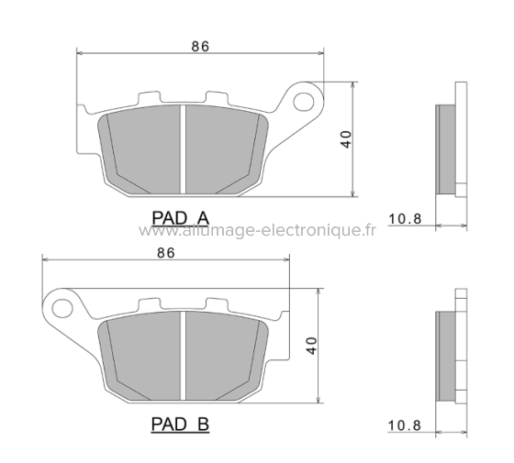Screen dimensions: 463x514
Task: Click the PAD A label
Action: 180,217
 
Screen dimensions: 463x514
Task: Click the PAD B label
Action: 180,424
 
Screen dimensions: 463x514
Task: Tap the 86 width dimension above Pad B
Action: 166,253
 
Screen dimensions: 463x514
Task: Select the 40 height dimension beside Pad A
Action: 346,139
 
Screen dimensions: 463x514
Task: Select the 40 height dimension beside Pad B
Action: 312,346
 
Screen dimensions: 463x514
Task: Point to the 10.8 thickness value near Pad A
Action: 404,218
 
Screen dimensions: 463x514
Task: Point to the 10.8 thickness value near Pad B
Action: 404,425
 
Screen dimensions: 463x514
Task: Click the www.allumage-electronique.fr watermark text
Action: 258,231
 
